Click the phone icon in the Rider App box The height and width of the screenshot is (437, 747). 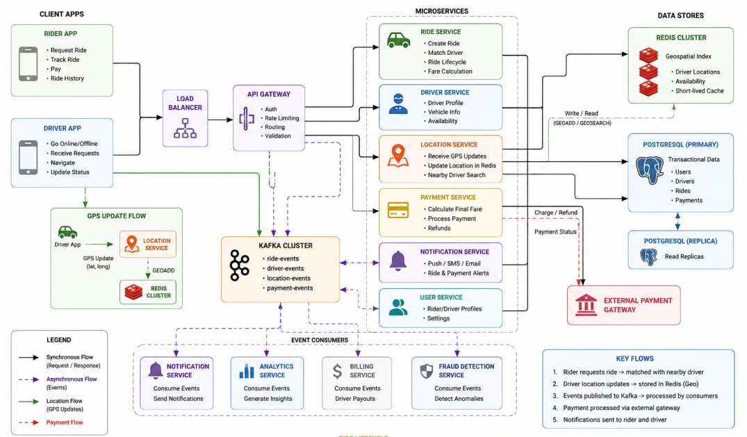pos(28,64)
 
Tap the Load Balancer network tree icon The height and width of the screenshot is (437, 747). pos(186,129)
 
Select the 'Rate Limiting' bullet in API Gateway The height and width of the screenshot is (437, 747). pos(282,118)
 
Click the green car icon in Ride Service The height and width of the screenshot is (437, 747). pos(399,40)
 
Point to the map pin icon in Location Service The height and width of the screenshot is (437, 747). pos(397,156)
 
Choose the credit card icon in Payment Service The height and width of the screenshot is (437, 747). pos(398,210)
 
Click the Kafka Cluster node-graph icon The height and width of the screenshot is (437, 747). pos(239,265)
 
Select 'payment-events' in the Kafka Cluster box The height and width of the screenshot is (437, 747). pos(290,288)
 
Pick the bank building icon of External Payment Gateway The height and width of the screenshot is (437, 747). pos(586,305)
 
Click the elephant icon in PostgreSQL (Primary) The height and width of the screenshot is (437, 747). pos(650,170)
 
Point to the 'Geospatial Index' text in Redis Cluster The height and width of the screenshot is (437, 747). pos(689,56)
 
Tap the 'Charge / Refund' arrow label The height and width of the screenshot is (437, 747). pos(556,213)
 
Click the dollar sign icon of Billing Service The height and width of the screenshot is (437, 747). pos(337,371)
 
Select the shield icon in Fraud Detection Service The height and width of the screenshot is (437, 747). pos(427,371)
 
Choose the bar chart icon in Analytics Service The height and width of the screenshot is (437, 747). pos(246,371)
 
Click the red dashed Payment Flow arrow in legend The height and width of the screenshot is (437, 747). pos(28,422)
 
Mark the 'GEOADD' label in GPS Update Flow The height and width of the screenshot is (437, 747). pos(163,270)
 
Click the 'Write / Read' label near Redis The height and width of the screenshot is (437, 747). pos(581,113)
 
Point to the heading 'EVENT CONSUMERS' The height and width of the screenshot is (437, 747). pos(320,340)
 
